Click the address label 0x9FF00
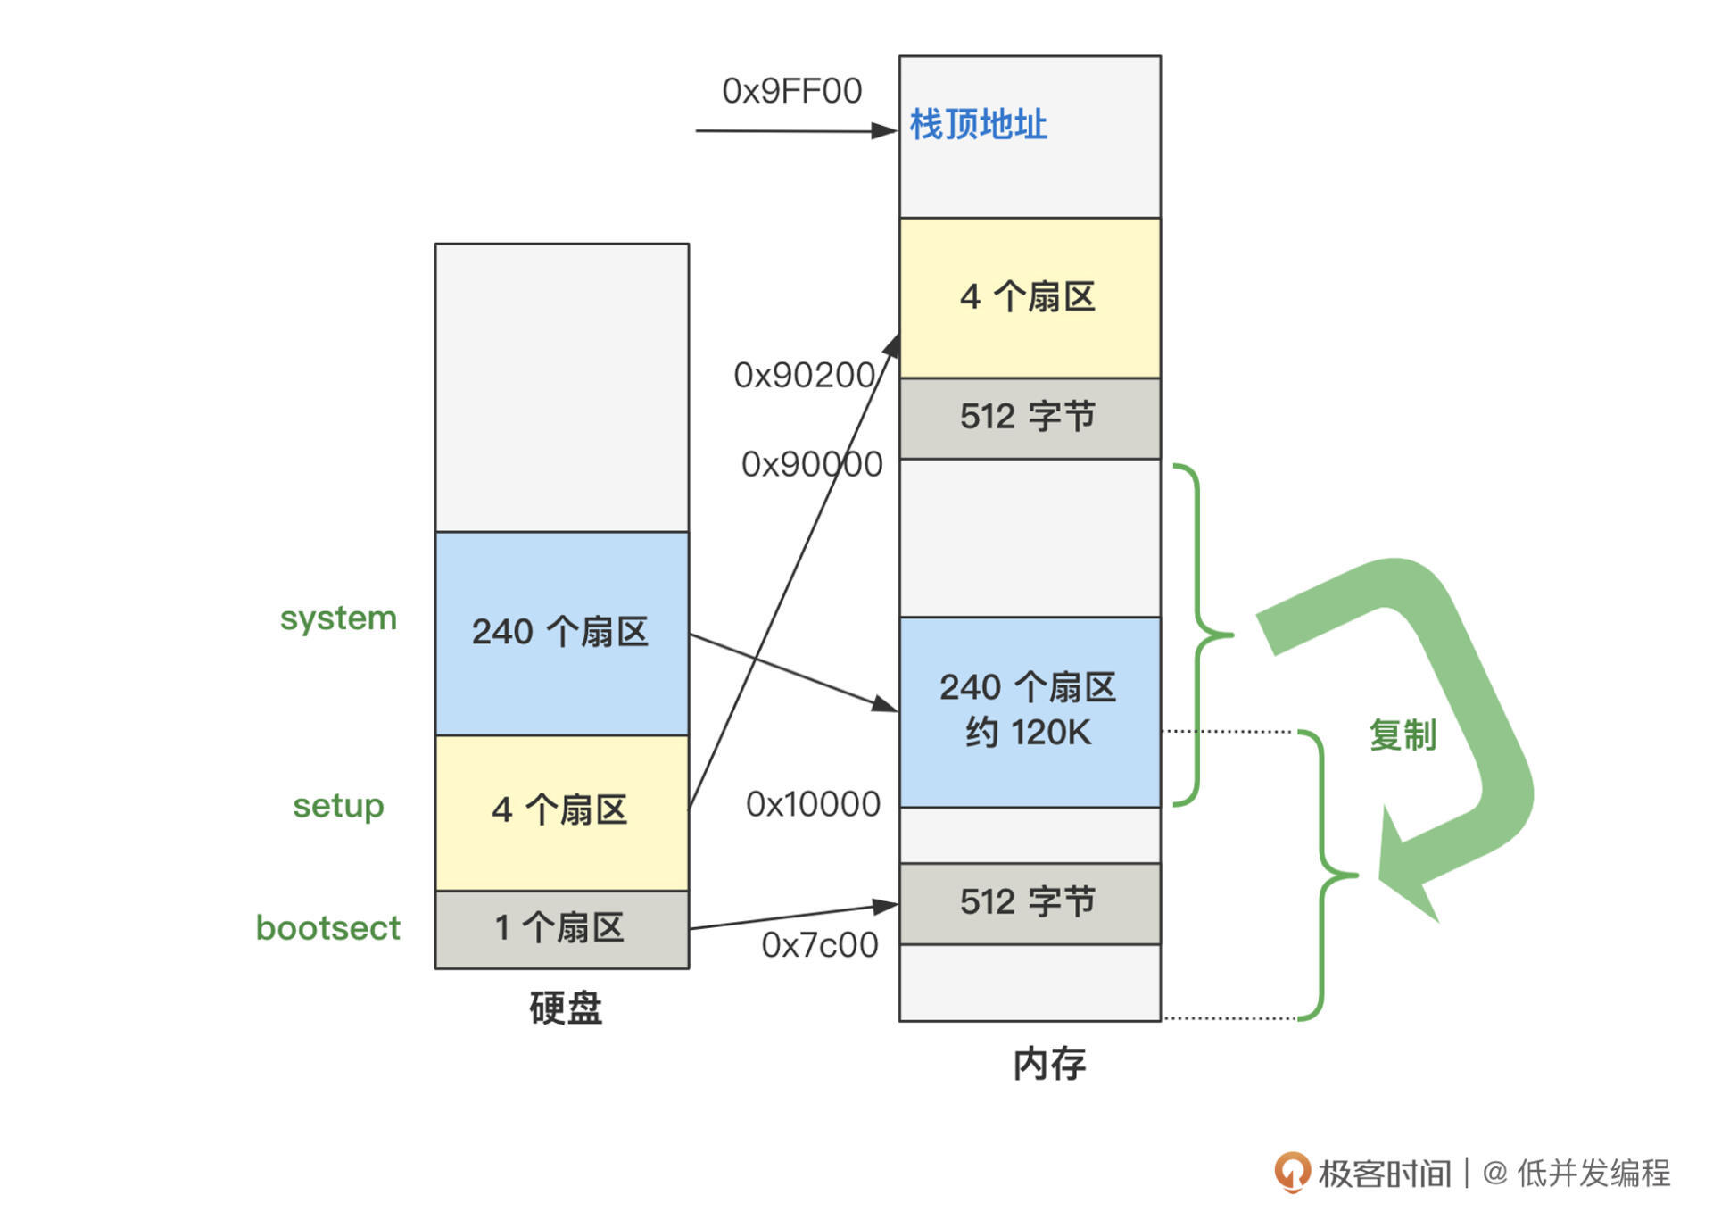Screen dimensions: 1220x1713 click(791, 91)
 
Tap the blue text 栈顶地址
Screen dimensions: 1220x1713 click(978, 124)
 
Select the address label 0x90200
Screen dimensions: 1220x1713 click(803, 376)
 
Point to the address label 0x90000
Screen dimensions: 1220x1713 click(812, 464)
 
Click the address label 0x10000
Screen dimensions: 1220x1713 click(813, 804)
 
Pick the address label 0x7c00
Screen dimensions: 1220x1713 click(819, 945)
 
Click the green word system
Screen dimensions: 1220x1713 click(338, 618)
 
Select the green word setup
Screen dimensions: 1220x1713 click(338, 806)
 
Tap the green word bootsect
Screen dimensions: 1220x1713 click(327, 928)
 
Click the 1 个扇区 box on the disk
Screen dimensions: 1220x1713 click(561, 929)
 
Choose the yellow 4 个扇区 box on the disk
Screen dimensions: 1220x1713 click(561, 811)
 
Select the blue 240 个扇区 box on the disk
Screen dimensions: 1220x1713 click(561, 633)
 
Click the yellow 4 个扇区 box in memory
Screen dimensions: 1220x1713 click(1029, 297)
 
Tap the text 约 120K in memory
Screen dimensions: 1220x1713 click(1028, 733)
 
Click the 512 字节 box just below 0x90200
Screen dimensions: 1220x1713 click(1029, 418)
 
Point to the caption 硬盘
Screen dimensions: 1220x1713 click(565, 1008)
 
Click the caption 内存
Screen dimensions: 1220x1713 click(1049, 1064)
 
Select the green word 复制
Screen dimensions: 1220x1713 click(1403, 735)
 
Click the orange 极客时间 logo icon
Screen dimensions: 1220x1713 click(1292, 1172)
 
